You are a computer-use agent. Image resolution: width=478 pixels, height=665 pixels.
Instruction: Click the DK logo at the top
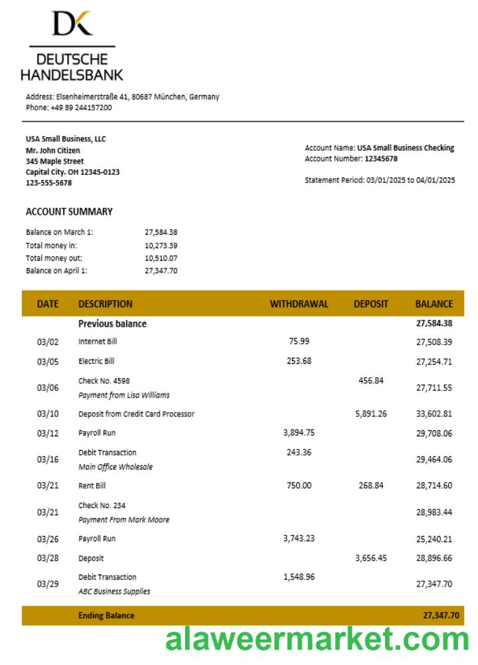click(x=72, y=23)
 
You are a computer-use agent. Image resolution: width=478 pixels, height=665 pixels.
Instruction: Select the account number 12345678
click(x=381, y=159)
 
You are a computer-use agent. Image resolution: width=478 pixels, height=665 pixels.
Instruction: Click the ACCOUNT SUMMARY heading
click(x=69, y=211)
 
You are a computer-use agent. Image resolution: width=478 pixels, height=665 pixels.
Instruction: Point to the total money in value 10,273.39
click(x=161, y=245)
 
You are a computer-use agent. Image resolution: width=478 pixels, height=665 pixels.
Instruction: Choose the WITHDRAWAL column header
click(x=299, y=304)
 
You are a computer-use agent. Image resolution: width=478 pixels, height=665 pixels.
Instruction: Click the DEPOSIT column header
click(x=370, y=304)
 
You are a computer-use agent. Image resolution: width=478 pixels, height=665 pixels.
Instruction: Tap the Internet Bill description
click(x=98, y=342)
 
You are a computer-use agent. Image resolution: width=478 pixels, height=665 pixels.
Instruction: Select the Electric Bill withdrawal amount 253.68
click(x=299, y=361)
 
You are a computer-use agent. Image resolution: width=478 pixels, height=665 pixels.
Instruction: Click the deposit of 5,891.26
click(x=370, y=414)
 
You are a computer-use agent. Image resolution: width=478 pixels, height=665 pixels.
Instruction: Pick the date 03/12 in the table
click(x=48, y=434)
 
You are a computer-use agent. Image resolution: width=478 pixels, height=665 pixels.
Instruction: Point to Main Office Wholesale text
click(x=116, y=467)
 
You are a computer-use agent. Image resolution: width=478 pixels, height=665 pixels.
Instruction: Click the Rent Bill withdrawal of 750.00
click(x=299, y=485)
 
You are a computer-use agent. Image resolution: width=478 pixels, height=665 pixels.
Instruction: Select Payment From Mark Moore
click(x=123, y=520)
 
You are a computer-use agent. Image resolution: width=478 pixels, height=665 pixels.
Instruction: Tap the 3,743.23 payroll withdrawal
click(x=299, y=539)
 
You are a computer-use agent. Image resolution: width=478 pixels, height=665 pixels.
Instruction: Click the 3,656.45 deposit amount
click(x=370, y=559)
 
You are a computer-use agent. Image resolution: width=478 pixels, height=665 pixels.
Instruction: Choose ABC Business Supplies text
click(x=114, y=591)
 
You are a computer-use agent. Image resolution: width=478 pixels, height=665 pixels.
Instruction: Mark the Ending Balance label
click(x=106, y=616)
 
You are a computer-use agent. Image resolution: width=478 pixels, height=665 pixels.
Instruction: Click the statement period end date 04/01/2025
click(x=436, y=180)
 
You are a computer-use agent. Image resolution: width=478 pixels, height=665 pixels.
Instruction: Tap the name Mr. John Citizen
click(x=53, y=150)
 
